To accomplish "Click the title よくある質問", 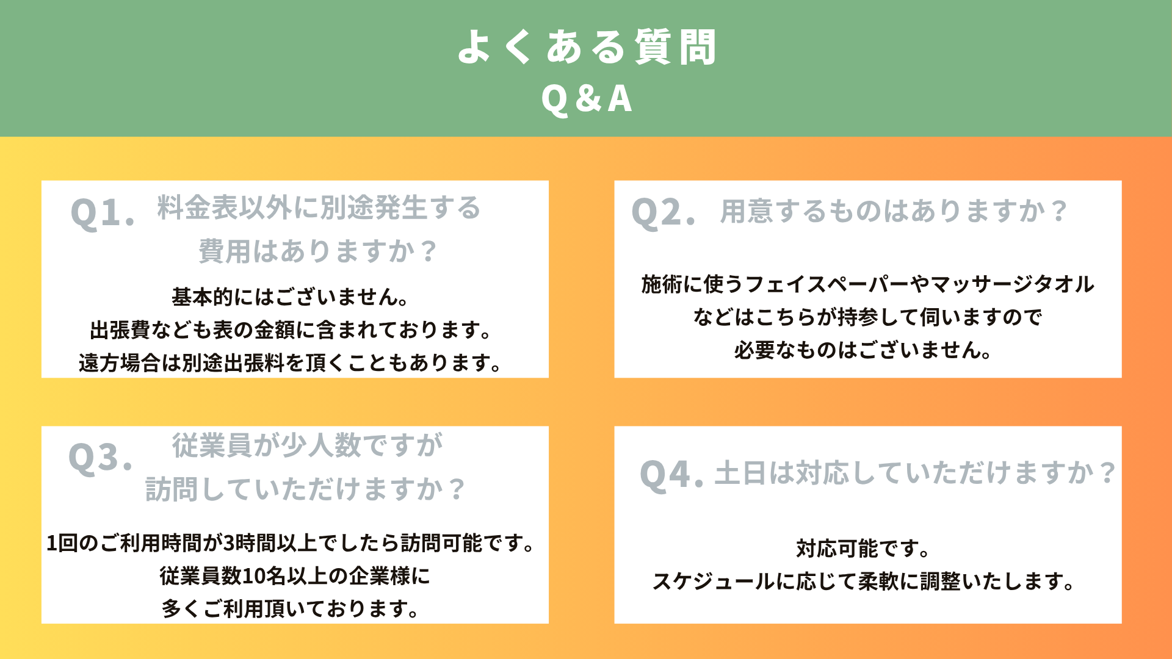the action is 587,46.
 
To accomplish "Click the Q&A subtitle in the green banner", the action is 587,99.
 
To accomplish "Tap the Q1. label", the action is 103,213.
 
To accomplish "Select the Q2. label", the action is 664,213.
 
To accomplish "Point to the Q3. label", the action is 101,458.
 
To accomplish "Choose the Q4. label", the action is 671,475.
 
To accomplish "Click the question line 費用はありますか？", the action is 319,251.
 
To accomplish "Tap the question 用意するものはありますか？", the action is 894,212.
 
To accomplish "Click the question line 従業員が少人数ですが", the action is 308,445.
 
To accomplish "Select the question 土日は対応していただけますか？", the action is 916,473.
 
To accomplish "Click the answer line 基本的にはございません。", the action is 291,297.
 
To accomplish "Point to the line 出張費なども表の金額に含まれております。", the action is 291,330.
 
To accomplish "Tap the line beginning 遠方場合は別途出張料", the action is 291,363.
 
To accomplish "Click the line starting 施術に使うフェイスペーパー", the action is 867,284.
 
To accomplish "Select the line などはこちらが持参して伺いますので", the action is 867,317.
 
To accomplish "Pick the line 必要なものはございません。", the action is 864,350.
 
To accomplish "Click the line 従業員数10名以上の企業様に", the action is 295,576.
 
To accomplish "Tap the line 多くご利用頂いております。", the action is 291,609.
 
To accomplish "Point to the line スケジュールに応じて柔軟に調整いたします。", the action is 864,582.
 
